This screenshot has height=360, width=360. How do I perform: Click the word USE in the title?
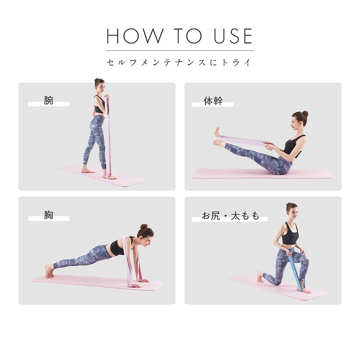point(233,36)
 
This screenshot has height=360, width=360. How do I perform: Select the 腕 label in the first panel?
point(48,101)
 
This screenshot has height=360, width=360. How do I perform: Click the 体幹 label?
point(213,101)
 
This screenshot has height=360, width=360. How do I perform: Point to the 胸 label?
point(48,215)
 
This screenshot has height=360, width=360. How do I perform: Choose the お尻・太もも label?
point(230,216)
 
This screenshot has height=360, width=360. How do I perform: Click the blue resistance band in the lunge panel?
point(296,271)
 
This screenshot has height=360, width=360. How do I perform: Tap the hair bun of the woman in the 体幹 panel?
point(305,114)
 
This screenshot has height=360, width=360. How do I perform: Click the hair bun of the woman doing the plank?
point(144,226)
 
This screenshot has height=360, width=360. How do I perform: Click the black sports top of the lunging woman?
point(290,234)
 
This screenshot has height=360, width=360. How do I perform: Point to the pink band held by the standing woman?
point(108,135)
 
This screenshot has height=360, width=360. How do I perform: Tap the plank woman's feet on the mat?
point(49,271)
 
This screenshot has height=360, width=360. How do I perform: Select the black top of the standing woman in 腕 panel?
point(99,105)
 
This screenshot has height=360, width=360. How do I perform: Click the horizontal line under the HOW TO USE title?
point(180,50)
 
